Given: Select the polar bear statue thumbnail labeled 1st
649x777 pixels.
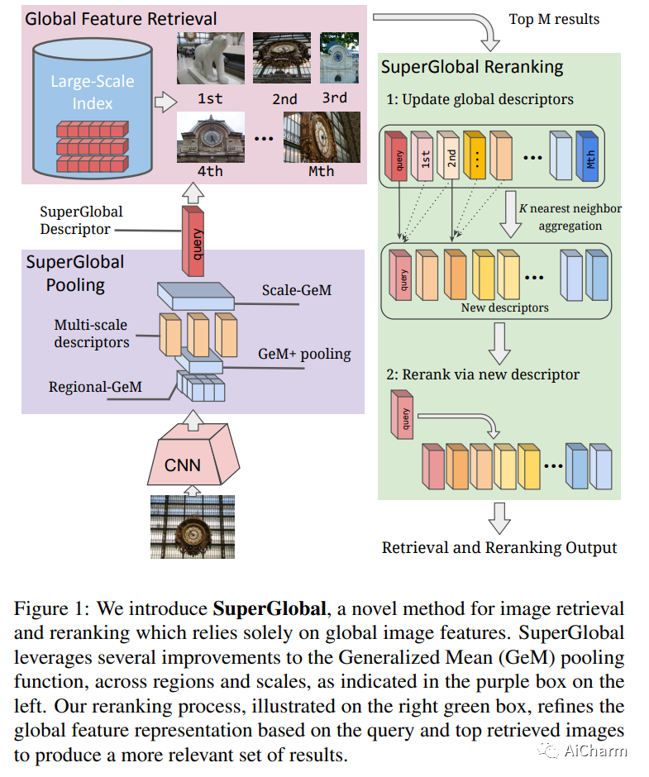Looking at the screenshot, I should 210,58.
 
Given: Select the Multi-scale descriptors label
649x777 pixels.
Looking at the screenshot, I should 92,334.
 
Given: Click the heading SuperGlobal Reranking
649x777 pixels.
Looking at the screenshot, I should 472,67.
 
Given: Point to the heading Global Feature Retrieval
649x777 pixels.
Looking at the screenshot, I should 122,18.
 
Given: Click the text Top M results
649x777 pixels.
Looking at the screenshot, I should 554,18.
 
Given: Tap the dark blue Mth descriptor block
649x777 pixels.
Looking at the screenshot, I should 587,156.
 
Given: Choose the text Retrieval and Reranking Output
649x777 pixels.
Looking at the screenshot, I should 499,547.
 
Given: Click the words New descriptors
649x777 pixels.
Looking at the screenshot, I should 504,307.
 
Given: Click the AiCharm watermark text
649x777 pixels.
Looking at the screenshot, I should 595,751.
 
